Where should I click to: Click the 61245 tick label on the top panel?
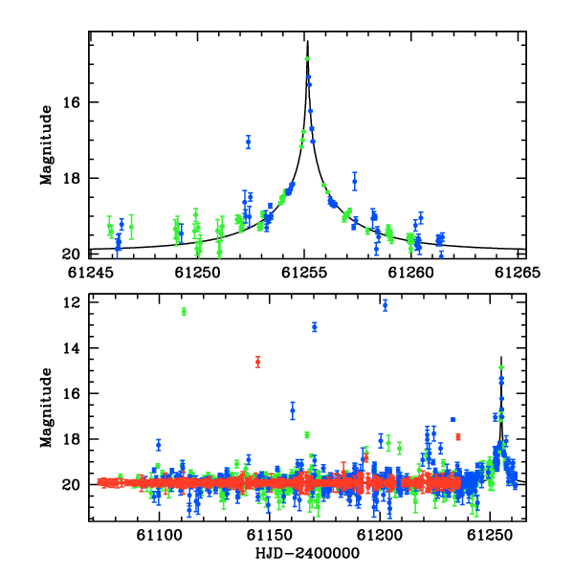(x=90, y=273)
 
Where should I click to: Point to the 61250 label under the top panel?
(x=197, y=273)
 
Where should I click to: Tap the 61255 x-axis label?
(x=304, y=273)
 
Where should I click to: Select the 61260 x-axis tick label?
(x=411, y=273)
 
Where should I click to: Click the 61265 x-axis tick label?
(x=518, y=273)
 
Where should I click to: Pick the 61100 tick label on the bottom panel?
(x=159, y=536)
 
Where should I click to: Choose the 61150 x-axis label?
(x=270, y=536)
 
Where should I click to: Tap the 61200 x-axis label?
(x=380, y=536)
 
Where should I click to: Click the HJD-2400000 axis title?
(x=307, y=554)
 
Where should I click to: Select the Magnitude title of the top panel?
(x=47, y=145)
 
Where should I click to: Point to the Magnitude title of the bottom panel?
(x=47, y=408)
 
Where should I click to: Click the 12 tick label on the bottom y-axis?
(x=71, y=302)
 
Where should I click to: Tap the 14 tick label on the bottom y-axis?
(x=71, y=348)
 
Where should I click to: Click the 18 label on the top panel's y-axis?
(x=71, y=178)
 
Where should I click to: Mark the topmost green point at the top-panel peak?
(x=307, y=59)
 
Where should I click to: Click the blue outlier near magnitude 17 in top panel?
(x=248, y=142)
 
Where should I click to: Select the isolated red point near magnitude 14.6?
(x=257, y=362)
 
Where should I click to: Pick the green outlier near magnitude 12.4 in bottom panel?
(x=184, y=312)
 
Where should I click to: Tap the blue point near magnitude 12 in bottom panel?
(x=385, y=305)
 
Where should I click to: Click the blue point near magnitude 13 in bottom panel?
(x=315, y=327)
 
